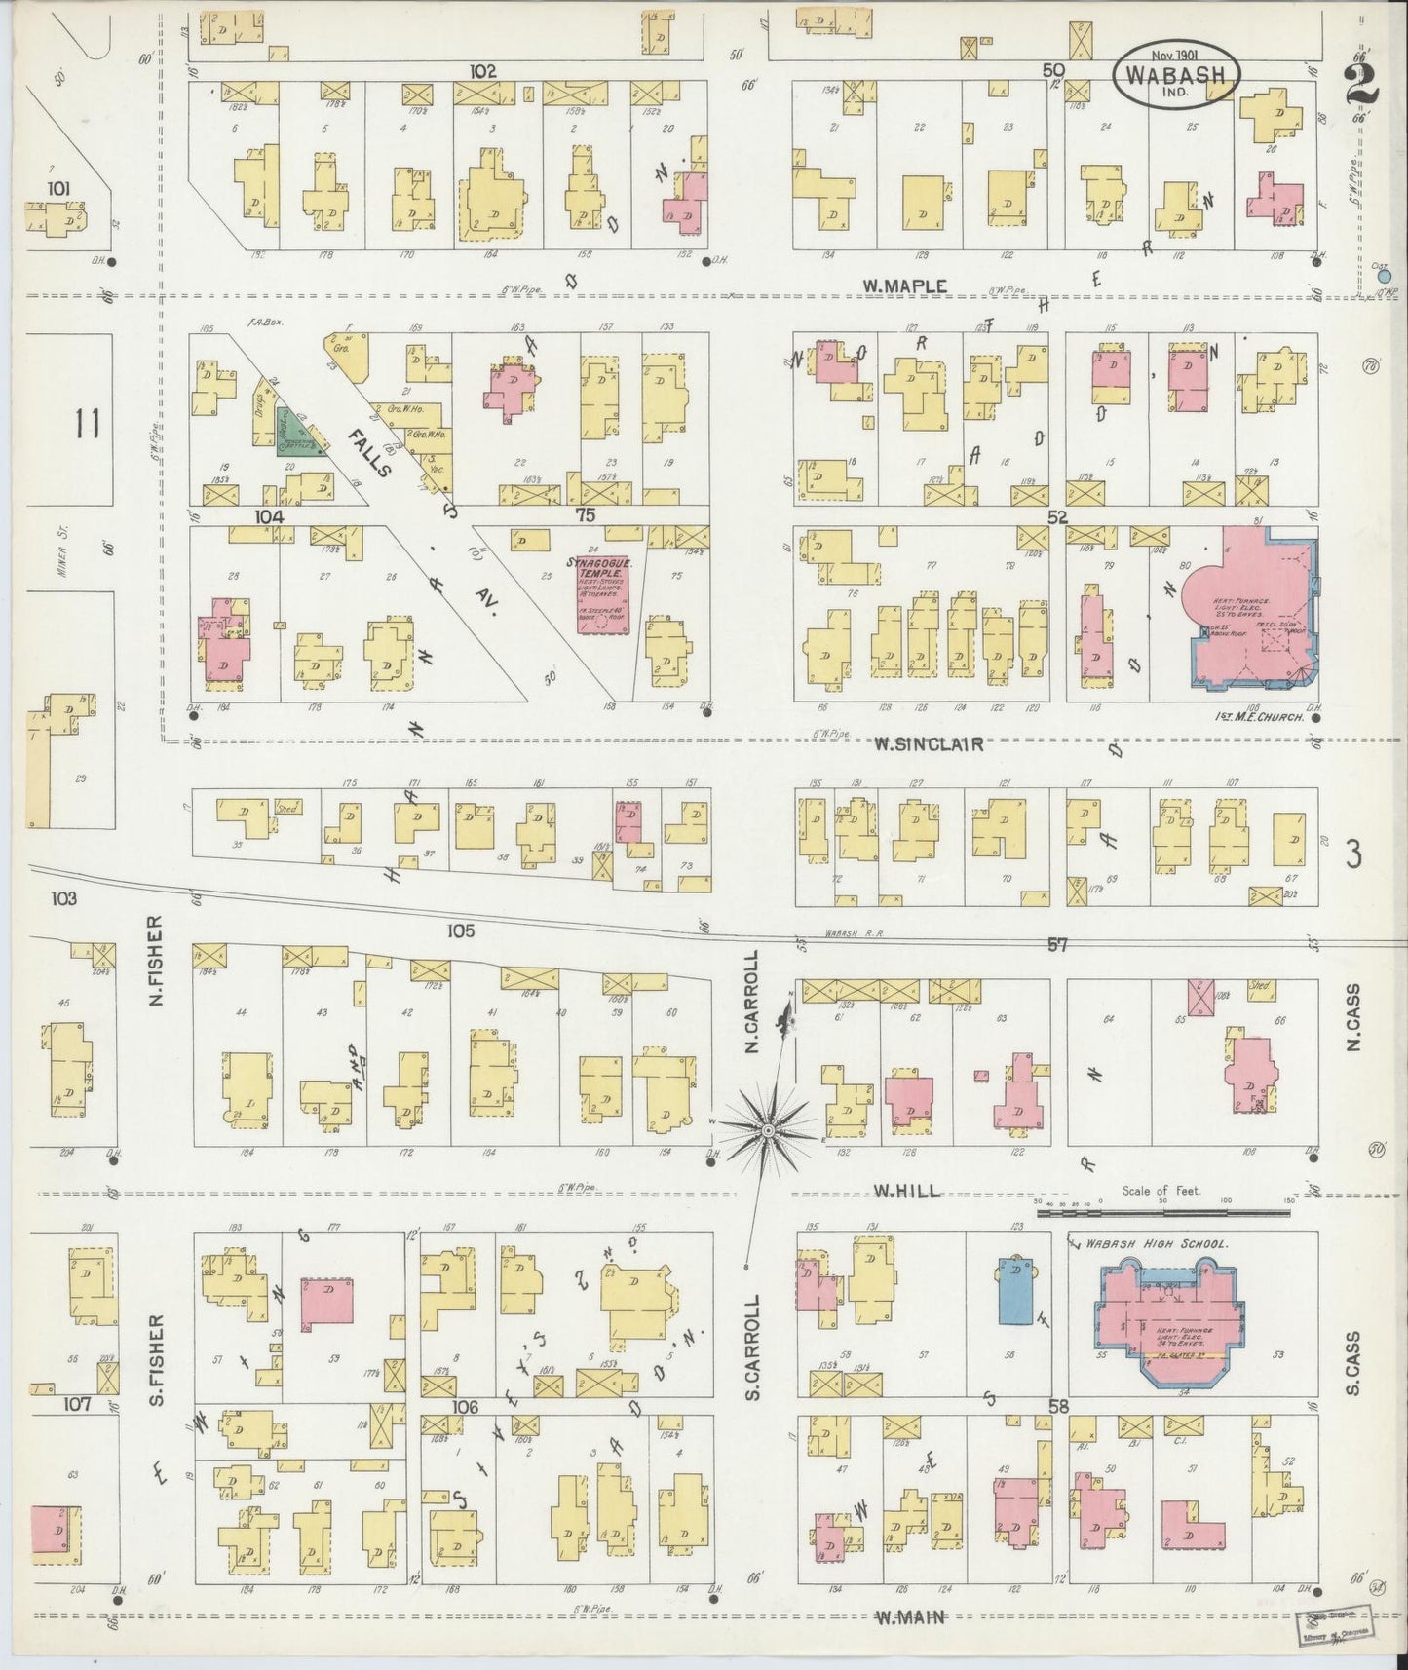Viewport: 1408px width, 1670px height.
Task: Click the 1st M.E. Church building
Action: (1248, 615)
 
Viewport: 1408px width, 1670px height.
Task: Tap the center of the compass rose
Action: (769, 1129)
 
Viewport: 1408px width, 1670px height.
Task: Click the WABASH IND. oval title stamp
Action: (1177, 73)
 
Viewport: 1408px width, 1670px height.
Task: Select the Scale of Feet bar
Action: (1164, 1214)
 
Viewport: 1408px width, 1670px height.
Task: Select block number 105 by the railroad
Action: (460, 931)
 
